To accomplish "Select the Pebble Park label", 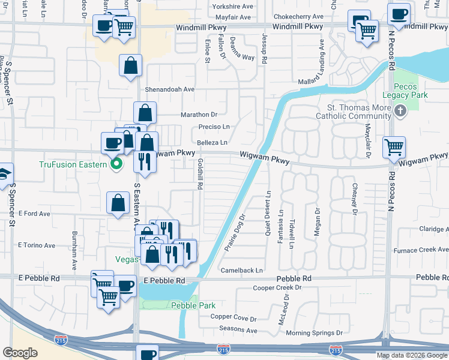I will pyautogui.click(x=193, y=305).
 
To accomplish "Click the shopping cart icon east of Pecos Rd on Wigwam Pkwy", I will pyautogui.click(x=394, y=146).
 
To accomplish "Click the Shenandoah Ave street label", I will pyautogui.click(x=170, y=89).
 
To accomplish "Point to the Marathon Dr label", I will pyautogui.click(x=198, y=114).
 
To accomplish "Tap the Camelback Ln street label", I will pyautogui.click(x=242, y=271).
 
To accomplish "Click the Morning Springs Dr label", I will pyautogui.click(x=314, y=332).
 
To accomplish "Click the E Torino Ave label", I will pyautogui.click(x=37, y=245).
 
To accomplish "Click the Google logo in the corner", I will pyautogui.click(x=20, y=352).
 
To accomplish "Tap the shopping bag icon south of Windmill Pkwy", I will pyautogui.click(x=130, y=65).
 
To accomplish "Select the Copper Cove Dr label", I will pyautogui.click(x=233, y=317).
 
